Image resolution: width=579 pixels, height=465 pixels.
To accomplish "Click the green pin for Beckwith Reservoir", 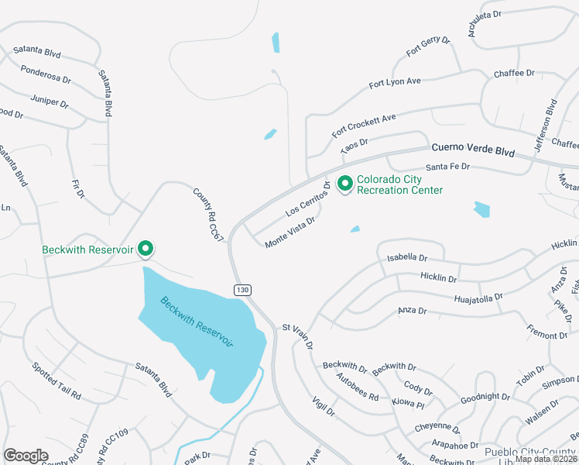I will coord(146,249).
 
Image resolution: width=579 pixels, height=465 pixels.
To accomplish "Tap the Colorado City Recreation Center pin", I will coord(344,184).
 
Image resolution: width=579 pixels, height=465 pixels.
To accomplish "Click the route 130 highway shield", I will coord(243,289).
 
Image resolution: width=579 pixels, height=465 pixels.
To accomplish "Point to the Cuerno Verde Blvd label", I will coord(473,149).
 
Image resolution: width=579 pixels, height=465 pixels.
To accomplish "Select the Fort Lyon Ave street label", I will coord(395,81).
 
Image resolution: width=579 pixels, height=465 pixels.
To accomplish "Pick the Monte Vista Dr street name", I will coord(290,232).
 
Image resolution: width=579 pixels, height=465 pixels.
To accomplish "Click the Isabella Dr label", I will coord(407,257).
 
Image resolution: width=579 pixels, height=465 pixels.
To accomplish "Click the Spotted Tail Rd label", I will coord(57,380).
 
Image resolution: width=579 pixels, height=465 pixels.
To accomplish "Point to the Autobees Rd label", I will coord(358,385).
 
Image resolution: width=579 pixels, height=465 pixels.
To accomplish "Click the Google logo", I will coord(26,456).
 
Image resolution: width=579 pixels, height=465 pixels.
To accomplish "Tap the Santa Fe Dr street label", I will coord(448,167).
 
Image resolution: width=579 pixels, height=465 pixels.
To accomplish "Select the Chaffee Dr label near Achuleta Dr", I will coord(514,73).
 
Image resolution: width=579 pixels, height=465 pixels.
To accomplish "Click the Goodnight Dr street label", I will coord(485,397).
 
